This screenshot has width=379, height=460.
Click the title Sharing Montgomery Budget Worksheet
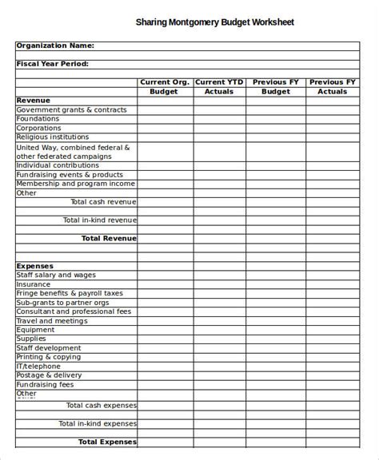point(213,23)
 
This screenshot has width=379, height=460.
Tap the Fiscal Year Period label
point(53,64)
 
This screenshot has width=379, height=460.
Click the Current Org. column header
point(165,81)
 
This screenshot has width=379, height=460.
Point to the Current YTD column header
point(218,81)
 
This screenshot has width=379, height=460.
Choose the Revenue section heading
point(34,100)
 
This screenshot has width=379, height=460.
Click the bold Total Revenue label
point(109,238)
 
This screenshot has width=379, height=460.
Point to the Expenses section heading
point(35,265)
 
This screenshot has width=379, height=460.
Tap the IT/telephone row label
point(39,366)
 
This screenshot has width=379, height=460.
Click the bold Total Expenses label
point(107,441)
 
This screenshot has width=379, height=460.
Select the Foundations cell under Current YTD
point(219,118)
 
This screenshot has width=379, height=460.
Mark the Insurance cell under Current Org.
point(165,284)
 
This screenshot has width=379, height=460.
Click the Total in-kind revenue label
point(100,220)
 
